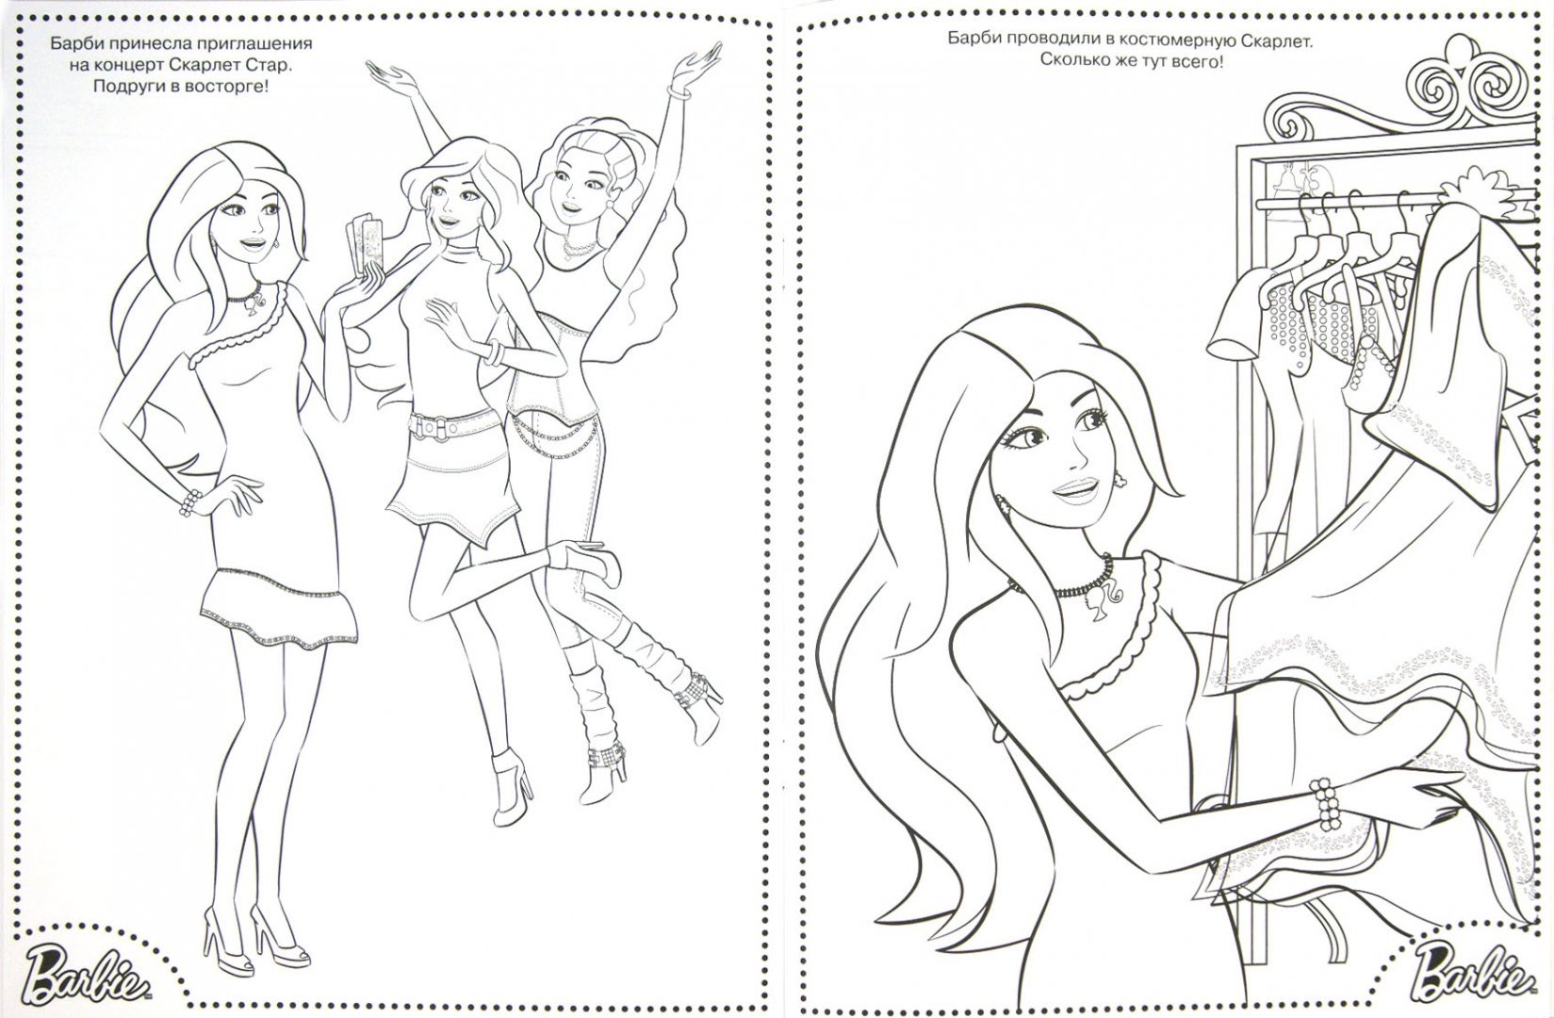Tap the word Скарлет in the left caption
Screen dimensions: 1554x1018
pyautogui.click(x=209, y=66)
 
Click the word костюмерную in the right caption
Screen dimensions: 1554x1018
pyautogui.click(x=1159, y=41)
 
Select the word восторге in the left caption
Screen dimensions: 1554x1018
pyautogui.click(x=228, y=87)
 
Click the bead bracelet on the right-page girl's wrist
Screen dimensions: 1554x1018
pyautogui.click(x=1324, y=805)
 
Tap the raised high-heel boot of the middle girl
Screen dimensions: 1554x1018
pyautogui.click(x=587, y=562)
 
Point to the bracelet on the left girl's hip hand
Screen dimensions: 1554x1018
pyautogui.click(x=190, y=502)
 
